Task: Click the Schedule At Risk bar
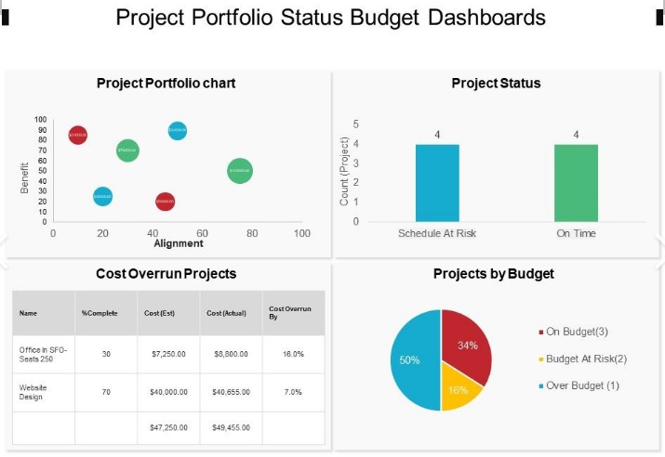[437, 183]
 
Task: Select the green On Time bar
[576, 183]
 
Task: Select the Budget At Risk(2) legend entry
[586, 359]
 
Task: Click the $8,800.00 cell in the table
[232, 354]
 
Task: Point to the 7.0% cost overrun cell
[293, 392]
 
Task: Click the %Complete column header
[100, 314]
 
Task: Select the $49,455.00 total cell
[232, 427]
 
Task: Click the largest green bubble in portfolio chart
[240, 171]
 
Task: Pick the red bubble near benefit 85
[78, 135]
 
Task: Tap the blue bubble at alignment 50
[178, 131]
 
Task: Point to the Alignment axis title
[178, 244]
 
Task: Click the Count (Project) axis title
[344, 172]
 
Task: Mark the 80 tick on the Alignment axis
[252, 233]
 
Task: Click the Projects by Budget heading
[493, 274]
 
